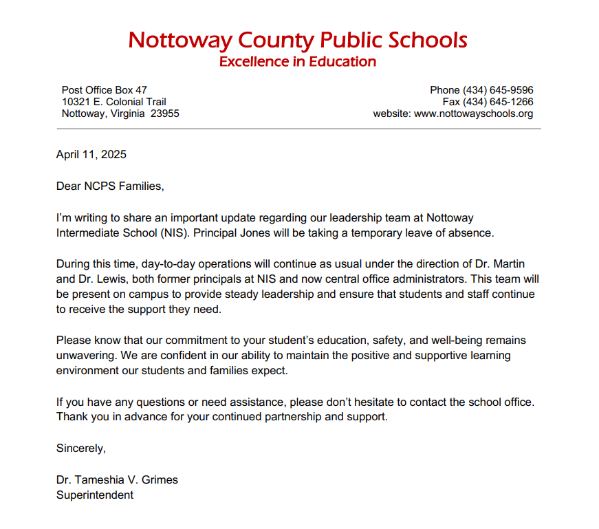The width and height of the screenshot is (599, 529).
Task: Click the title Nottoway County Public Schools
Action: [298, 40]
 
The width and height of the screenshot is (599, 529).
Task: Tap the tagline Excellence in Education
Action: [298, 62]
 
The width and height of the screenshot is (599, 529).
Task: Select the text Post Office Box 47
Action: [105, 90]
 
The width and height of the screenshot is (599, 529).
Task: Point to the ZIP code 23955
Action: [165, 114]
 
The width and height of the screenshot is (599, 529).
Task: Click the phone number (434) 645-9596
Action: [498, 90]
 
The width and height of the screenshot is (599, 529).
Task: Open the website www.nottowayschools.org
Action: [473, 114]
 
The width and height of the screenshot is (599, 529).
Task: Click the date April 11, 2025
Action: [91, 154]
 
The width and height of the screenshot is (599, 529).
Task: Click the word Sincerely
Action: [81, 449]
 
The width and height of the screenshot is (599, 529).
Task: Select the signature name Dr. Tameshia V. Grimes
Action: [117, 479]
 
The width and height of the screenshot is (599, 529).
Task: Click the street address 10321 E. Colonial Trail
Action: [114, 102]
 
